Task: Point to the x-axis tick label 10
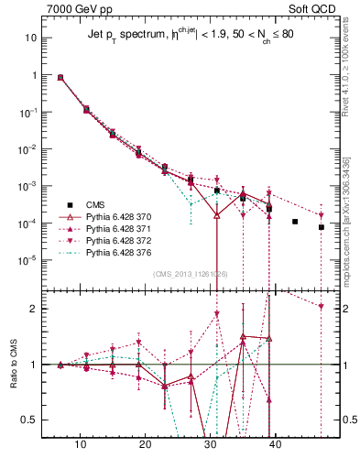tap(81, 444)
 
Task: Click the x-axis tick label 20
tap(145, 444)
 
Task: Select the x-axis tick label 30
tap(210, 444)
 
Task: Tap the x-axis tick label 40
tap(274, 444)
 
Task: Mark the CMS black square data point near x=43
tap(295, 222)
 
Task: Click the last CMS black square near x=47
tap(322, 227)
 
